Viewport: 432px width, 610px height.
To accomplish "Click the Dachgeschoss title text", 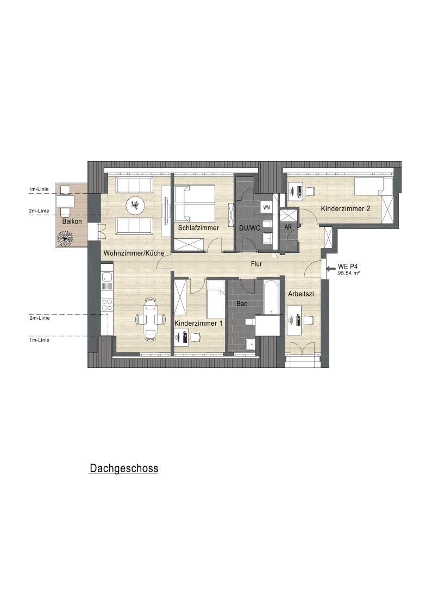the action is click(124, 468).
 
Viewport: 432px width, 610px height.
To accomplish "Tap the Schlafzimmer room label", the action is click(198, 227).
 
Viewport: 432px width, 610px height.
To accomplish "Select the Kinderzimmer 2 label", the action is click(345, 208).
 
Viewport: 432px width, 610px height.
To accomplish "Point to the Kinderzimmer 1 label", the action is click(198, 323).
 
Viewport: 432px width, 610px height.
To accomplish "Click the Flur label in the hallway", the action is click(256, 264).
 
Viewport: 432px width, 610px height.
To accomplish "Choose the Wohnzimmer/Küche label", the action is click(134, 253).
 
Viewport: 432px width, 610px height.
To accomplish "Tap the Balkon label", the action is click(72, 221).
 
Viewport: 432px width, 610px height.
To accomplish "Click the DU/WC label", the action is click(250, 227).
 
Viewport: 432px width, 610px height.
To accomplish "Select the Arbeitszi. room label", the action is click(302, 294).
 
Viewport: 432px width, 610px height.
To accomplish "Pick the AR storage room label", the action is click(288, 227).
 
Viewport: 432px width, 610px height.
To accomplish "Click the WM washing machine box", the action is click(266, 207).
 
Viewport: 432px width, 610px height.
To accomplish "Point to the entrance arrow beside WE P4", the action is click(331, 268).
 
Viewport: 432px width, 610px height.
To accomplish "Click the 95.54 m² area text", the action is click(349, 273).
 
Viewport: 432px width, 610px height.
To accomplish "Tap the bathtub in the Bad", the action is click(271, 297).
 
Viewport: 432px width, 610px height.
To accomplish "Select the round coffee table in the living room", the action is click(135, 205).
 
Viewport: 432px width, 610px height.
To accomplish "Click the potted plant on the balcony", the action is click(65, 238).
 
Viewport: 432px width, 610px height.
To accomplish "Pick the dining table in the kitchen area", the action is click(150, 319).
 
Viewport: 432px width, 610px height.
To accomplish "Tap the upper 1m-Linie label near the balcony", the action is click(39, 189).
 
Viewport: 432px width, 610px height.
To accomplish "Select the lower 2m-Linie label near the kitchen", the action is click(39, 318).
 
